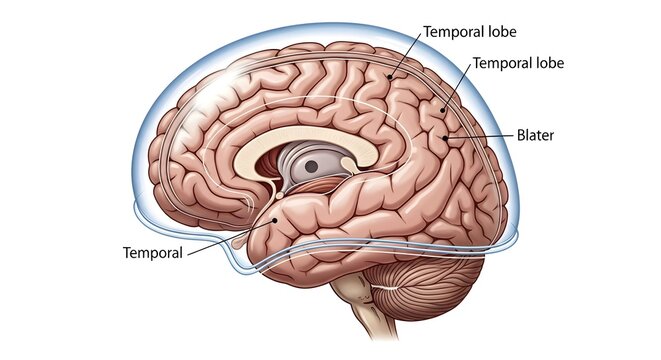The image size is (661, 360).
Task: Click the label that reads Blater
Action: (x=538, y=134)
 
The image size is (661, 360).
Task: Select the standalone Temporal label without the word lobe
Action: (x=152, y=252)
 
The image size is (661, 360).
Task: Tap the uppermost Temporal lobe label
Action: (x=469, y=31)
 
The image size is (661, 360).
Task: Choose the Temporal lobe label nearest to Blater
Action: (x=518, y=62)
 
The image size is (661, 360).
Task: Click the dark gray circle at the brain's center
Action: (x=311, y=166)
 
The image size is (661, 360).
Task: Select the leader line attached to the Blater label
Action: (x=484, y=134)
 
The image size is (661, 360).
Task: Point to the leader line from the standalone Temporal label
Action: (x=228, y=236)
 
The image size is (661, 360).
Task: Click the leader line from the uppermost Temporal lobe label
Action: (x=405, y=55)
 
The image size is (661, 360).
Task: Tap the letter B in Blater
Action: (x=521, y=134)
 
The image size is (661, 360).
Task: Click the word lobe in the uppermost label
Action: (x=498, y=31)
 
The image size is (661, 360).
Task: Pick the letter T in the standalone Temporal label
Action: (x=126, y=252)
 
